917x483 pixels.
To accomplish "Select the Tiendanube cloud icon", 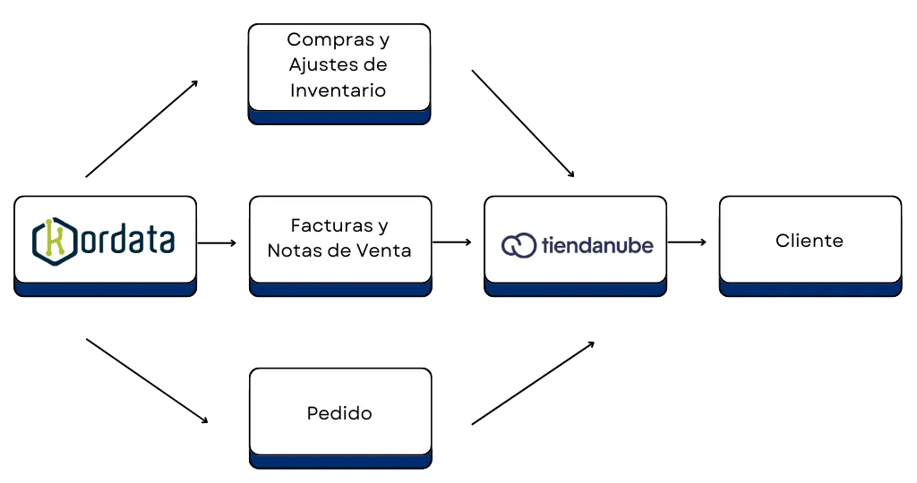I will click(x=519, y=245).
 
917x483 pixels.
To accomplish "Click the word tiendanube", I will click(x=597, y=244).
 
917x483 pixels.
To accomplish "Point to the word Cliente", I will click(x=809, y=241).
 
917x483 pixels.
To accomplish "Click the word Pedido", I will click(x=339, y=413).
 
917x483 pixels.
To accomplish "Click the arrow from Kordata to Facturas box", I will click(x=218, y=241).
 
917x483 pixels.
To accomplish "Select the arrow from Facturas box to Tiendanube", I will click(x=453, y=241).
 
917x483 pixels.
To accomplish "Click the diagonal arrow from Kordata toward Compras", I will click(x=141, y=129).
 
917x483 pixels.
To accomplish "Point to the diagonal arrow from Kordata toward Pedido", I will click(x=143, y=379).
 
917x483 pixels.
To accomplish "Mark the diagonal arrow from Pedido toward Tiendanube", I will click(x=532, y=382).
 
